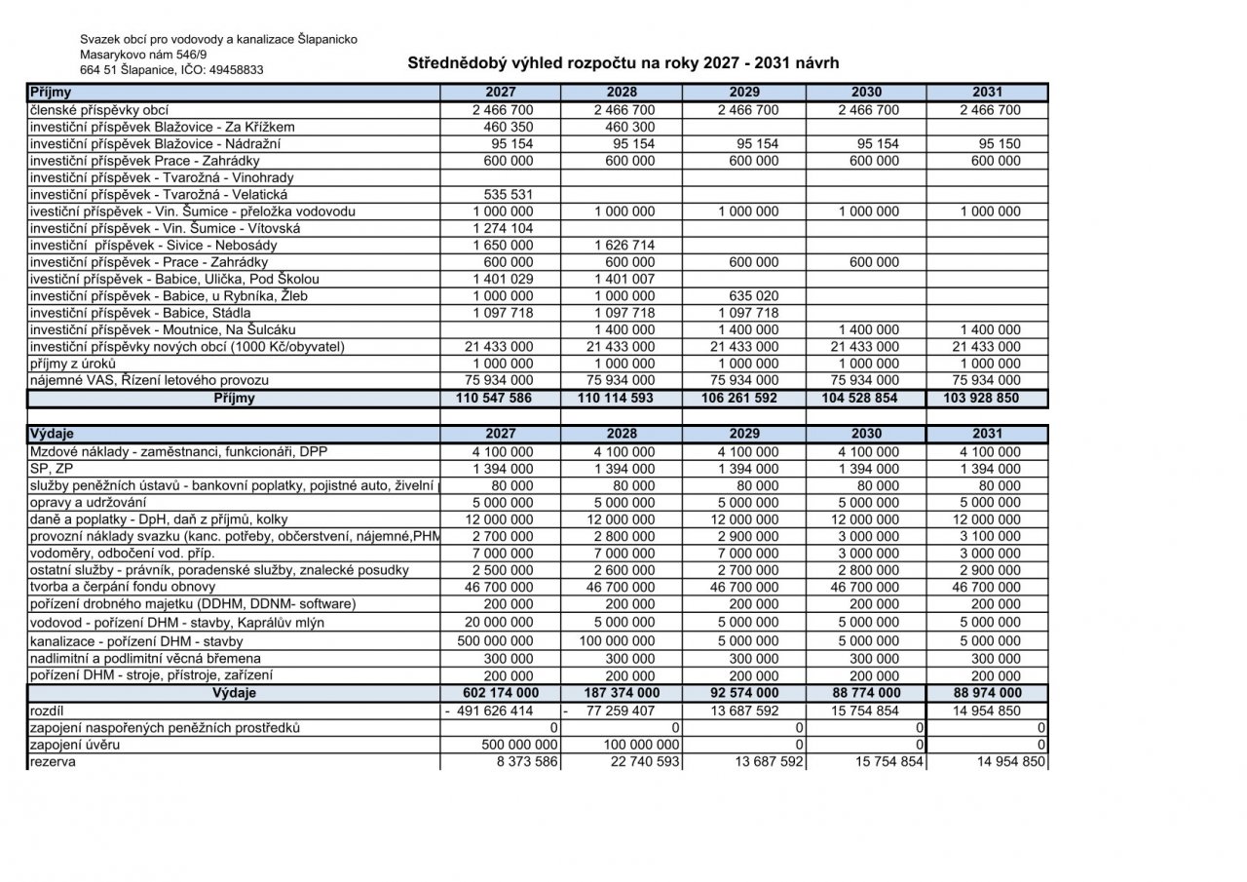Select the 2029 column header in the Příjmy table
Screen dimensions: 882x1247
[745, 93]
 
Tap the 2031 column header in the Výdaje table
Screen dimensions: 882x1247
[988, 434]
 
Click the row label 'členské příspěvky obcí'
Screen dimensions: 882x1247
[106, 110]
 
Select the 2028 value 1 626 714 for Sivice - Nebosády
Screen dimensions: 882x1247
[623, 246]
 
